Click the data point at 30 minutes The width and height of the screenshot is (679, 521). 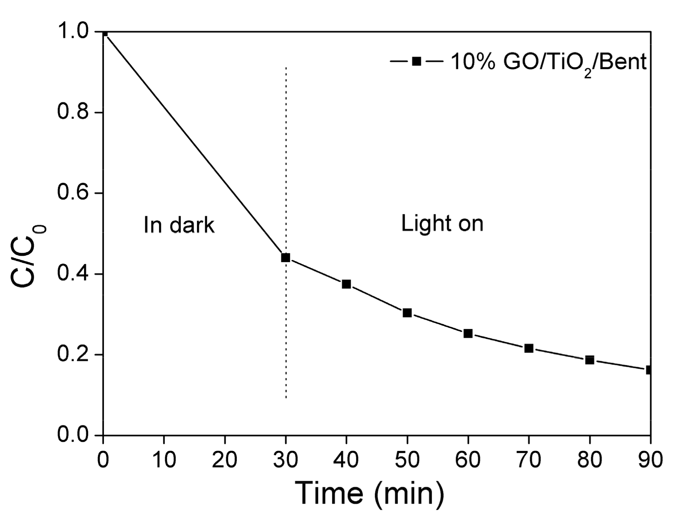tap(286, 258)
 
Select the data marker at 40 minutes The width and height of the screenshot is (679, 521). tap(346, 284)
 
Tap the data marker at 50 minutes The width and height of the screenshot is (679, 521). tap(407, 312)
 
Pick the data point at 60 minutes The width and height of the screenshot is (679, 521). tap(468, 333)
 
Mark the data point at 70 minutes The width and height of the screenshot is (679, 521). tap(529, 348)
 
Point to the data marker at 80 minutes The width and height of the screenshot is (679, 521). tap(590, 360)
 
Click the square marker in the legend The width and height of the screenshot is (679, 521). tap(416, 61)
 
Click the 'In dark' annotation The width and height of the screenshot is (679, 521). tap(179, 225)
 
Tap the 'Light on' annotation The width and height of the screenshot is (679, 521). tap(442, 224)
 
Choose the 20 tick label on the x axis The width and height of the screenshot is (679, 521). tap(224, 459)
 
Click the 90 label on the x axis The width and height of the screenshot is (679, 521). tap(650, 459)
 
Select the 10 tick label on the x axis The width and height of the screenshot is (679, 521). tap(164, 459)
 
